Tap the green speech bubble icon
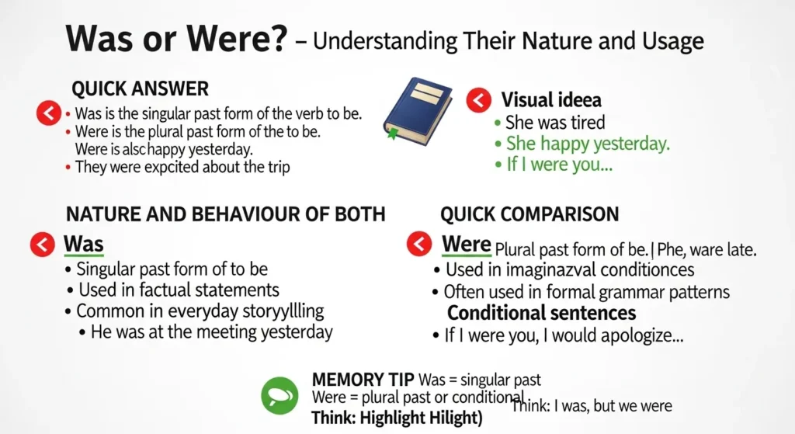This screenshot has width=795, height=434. tap(279, 394)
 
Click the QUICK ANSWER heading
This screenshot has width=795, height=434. tap(140, 88)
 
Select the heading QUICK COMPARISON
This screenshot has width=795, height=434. tap(529, 214)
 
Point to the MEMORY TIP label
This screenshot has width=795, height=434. tap(363, 380)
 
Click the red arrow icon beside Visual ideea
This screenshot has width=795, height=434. tap(478, 99)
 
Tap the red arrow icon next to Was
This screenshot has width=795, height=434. tap(42, 244)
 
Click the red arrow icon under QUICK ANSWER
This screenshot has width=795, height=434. tap(48, 114)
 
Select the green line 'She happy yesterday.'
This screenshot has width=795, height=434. tap(587, 143)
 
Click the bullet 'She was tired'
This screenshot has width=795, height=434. tap(554, 122)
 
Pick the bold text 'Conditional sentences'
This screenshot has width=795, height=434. tap(541, 313)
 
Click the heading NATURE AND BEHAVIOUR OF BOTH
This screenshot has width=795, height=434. tap(225, 214)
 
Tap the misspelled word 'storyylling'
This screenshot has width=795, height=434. tap(280, 311)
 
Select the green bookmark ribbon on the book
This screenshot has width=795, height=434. tap(392, 134)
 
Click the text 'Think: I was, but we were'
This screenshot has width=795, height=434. tap(591, 405)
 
